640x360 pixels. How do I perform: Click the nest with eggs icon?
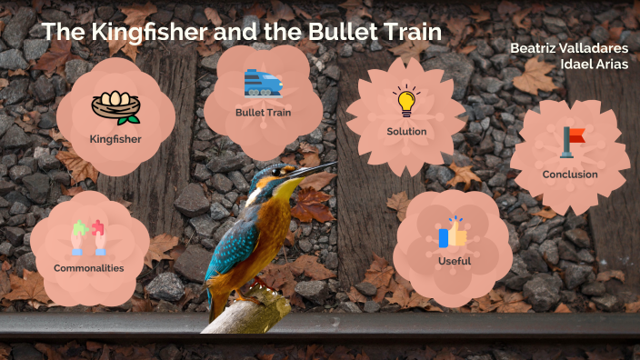click(x=115, y=107)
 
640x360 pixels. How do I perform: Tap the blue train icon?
click(x=263, y=83)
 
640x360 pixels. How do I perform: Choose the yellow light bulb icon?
click(x=405, y=101)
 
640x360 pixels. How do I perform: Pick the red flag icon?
click(x=572, y=141)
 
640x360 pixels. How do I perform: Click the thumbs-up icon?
click(x=453, y=234)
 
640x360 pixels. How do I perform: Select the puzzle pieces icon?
click(x=88, y=237)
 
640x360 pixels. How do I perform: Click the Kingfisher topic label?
click(x=115, y=139)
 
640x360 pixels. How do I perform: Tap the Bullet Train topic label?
click(x=263, y=113)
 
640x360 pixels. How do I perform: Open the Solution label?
click(x=406, y=132)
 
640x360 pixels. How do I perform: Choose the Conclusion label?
click(x=570, y=174)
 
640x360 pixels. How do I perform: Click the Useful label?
click(x=454, y=262)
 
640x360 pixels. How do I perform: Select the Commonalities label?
click(x=88, y=268)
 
